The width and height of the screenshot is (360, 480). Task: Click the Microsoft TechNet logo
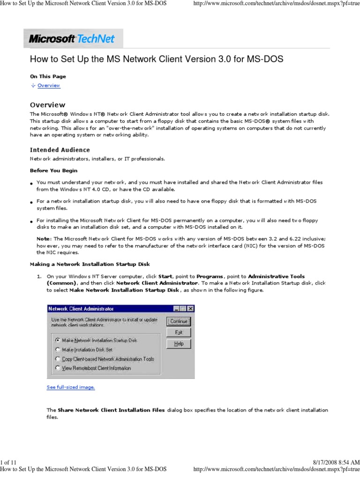[73, 38]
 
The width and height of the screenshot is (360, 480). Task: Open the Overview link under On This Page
[49, 86]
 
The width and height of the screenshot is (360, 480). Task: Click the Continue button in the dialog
[179, 321]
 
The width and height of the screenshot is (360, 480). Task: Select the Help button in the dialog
[179, 344]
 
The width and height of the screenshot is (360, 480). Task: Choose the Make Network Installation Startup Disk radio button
[58, 340]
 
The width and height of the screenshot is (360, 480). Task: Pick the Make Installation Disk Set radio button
[58, 349]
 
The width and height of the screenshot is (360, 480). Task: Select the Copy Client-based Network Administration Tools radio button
[58, 359]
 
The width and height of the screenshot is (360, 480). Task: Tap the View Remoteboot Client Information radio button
[58, 368]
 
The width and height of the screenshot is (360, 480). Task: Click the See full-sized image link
[71, 387]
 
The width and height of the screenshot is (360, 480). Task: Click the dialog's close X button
[191, 308]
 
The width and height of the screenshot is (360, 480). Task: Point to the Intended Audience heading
[60, 150]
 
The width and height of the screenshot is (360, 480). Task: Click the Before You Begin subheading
[54, 171]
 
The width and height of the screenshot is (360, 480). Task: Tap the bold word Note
[43, 239]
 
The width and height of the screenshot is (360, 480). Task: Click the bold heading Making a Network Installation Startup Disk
[90, 264]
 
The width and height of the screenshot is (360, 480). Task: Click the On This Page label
[48, 76]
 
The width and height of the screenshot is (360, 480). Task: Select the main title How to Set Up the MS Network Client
[157, 60]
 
